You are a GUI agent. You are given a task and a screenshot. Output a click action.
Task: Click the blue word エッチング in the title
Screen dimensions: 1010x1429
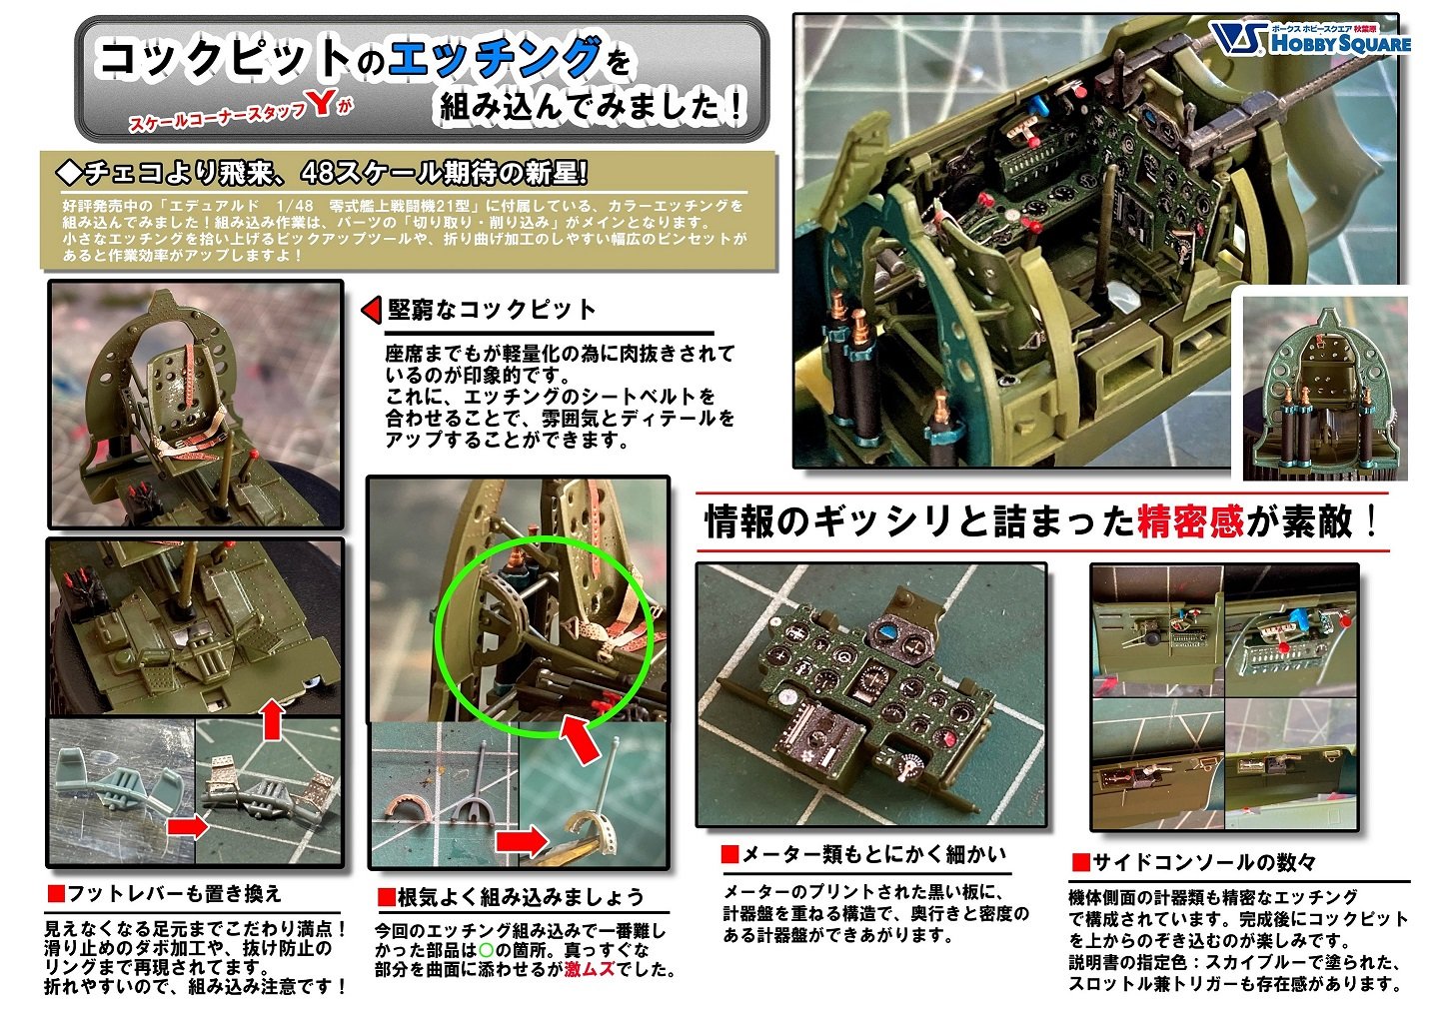pyautogui.click(x=496, y=58)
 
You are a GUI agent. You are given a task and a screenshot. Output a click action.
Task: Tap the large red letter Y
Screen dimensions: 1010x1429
pyautogui.click(x=320, y=103)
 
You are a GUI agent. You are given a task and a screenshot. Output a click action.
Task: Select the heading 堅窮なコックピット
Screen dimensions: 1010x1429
pyautogui.click(x=492, y=310)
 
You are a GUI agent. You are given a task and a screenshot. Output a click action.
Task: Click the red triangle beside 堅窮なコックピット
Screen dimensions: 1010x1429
pyautogui.click(x=371, y=310)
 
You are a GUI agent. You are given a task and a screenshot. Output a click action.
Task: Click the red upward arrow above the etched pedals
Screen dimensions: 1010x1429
pyautogui.click(x=271, y=719)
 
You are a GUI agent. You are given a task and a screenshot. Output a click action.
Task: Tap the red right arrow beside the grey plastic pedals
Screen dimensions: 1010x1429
pyautogui.click(x=187, y=826)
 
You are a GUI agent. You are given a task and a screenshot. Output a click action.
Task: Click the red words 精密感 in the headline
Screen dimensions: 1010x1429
pyautogui.click(x=1189, y=521)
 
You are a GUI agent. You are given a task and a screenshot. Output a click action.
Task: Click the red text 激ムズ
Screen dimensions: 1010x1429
pyautogui.click(x=590, y=969)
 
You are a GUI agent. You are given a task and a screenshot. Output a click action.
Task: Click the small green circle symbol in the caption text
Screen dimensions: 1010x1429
pyautogui.click(x=487, y=949)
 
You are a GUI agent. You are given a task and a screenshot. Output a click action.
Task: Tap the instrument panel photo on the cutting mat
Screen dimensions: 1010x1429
pyautogui.click(x=870, y=693)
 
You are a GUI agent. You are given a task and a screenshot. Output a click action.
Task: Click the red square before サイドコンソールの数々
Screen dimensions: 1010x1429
pyautogui.click(x=1079, y=862)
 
